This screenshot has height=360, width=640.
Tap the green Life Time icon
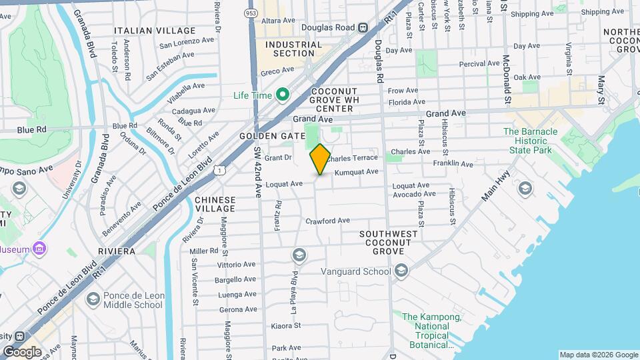[x=282, y=95]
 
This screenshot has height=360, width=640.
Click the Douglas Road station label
[x=329, y=27]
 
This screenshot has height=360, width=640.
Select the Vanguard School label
[x=356, y=271]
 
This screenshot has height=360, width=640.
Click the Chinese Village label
[x=215, y=204]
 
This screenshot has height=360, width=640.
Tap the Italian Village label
[x=155, y=31]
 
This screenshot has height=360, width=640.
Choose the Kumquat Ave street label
[x=356, y=172]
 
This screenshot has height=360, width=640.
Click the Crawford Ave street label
[x=327, y=221]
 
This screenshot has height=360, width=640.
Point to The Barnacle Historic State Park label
[x=530, y=141]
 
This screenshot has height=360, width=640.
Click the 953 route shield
[x=251, y=13]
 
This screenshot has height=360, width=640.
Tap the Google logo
[x=23, y=351]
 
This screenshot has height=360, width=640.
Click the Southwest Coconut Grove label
[x=389, y=242]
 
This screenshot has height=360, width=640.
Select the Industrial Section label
[x=289, y=49]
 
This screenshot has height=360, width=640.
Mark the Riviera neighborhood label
[x=116, y=251]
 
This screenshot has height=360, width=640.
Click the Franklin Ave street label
[x=453, y=164]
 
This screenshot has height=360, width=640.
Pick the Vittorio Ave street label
[x=236, y=265]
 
